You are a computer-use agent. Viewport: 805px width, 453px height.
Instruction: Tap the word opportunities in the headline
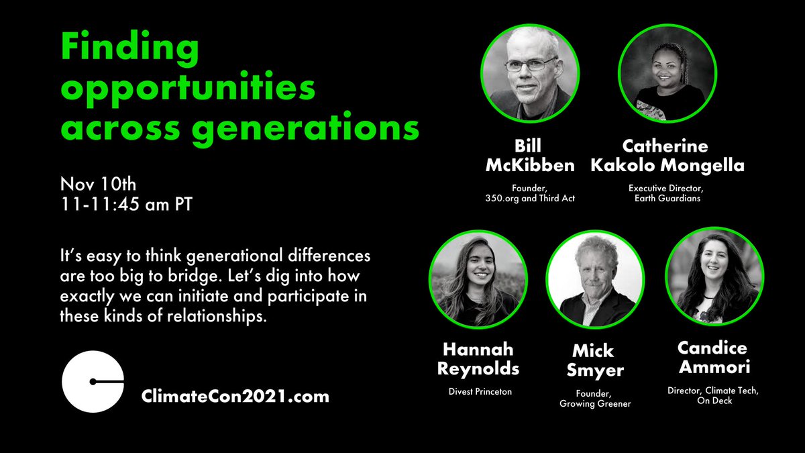(189, 89)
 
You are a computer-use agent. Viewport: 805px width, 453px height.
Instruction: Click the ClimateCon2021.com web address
(235, 396)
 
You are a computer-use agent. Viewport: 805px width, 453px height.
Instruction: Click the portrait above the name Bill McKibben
(530, 74)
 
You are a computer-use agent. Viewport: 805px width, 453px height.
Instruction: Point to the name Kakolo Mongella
(667, 165)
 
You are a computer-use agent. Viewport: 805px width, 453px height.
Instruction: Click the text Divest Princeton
(477, 391)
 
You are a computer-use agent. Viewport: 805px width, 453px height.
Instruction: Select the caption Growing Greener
(594, 405)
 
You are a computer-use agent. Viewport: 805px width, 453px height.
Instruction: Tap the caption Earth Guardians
(667, 199)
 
